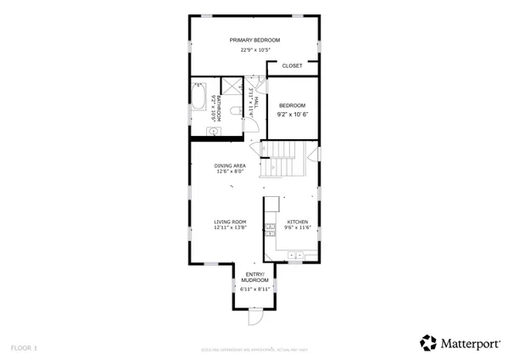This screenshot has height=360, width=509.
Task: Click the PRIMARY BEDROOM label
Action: [x=255, y=40]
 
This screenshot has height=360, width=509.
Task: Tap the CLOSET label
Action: [x=292, y=65]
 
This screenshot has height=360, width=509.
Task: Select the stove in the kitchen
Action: [x=270, y=228]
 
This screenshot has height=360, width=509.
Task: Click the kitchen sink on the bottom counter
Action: [x=298, y=254]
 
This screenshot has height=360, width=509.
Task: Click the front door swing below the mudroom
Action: [x=252, y=319]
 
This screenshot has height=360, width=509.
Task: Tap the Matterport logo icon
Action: [x=429, y=342]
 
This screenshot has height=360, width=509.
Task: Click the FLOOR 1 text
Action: [x=24, y=347]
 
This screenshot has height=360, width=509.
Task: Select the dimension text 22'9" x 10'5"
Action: [x=255, y=50]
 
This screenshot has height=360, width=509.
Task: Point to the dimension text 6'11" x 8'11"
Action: [x=255, y=289]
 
